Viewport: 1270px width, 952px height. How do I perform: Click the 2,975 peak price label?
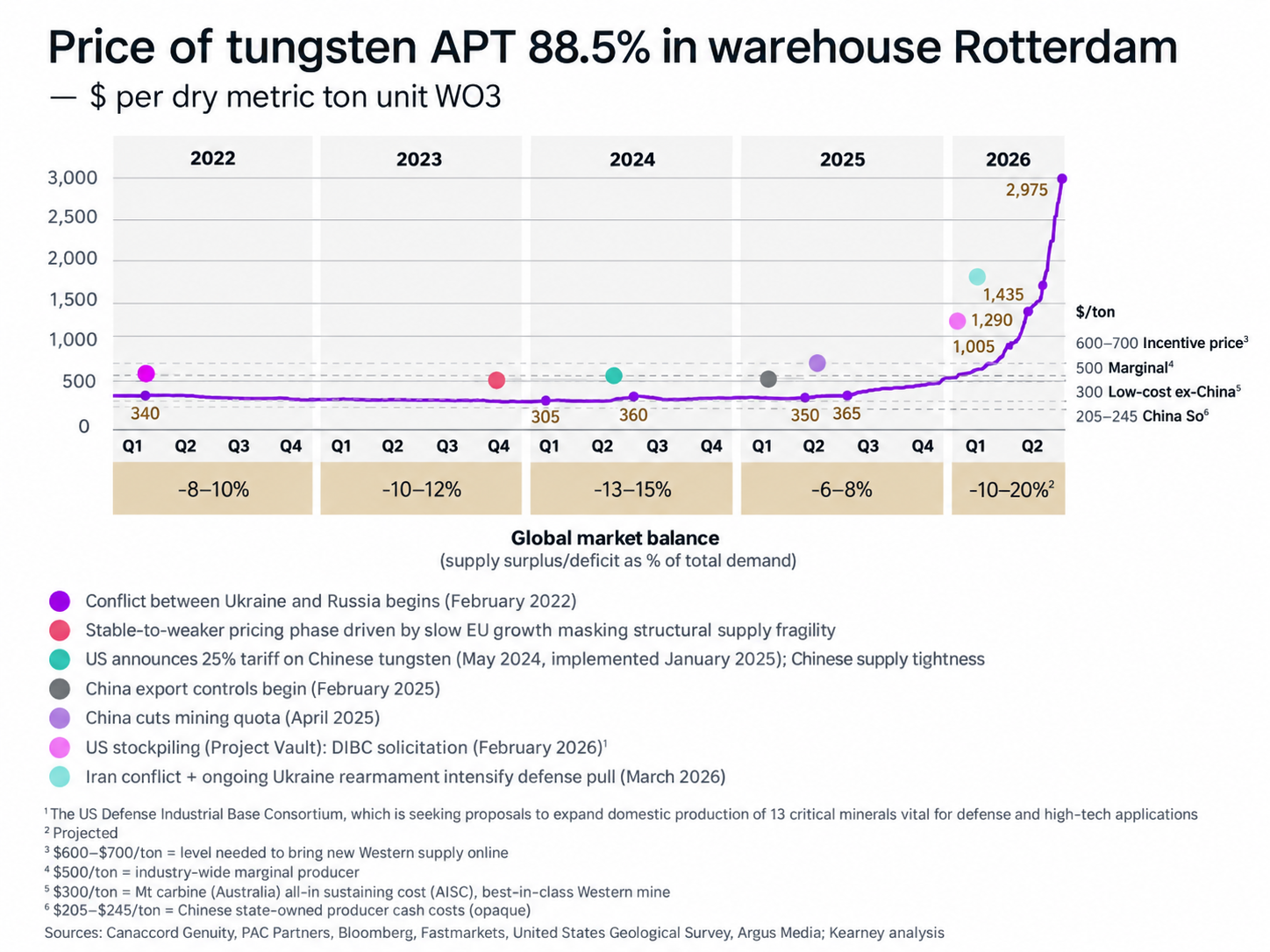coord(1026,190)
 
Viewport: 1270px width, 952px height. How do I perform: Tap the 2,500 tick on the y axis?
coord(72,217)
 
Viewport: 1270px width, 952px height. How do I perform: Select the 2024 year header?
coord(631,160)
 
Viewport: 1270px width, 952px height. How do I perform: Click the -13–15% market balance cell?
coord(631,489)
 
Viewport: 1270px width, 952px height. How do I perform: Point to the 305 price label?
coord(545,416)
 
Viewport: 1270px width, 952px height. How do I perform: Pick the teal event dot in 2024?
coord(613,376)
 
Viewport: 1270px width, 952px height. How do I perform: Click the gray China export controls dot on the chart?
coord(767,380)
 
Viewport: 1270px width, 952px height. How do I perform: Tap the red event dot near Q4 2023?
coord(496,380)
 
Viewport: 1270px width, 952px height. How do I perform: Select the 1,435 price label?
coord(1003,295)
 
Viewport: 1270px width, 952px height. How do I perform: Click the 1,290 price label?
coord(992,320)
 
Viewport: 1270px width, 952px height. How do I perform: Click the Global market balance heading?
coord(615,538)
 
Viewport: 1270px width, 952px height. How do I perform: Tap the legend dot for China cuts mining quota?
coord(60,718)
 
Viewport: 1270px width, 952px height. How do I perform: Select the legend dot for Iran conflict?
coord(60,777)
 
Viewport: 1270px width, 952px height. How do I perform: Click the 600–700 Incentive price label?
coord(1162,343)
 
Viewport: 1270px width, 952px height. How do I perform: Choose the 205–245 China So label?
coord(1142,416)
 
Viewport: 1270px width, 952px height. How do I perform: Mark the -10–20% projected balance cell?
coord(1009,489)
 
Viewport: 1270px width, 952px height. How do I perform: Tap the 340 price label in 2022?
coord(145,413)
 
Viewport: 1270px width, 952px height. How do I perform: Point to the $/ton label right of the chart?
coord(1095,312)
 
